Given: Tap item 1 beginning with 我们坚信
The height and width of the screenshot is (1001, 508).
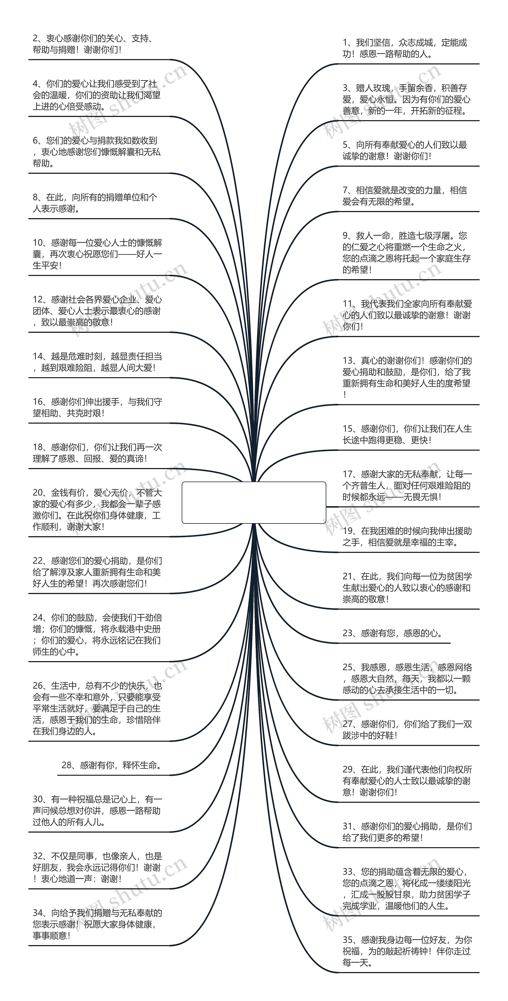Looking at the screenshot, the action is click(x=405, y=48).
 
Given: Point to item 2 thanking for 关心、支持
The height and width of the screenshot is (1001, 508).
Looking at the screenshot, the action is click(x=93, y=44).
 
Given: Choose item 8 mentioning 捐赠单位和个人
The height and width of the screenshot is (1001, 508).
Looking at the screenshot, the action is click(x=95, y=203).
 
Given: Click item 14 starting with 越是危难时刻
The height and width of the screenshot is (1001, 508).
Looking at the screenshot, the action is click(x=97, y=362).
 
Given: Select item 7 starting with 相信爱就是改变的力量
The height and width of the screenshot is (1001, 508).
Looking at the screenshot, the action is click(x=405, y=196).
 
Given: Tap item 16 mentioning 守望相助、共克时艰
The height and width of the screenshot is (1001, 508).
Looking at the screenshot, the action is click(x=97, y=407).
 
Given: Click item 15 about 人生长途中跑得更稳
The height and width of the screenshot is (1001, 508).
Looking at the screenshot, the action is click(x=406, y=434).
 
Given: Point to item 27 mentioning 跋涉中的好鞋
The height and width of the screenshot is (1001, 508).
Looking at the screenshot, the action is click(x=406, y=729).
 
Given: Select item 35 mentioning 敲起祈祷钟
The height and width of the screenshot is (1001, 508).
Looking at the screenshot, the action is click(x=406, y=951).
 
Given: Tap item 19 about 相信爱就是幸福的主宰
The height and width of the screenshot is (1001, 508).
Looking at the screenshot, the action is click(x=406, y=537).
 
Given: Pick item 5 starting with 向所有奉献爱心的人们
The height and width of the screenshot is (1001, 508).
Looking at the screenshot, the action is click(x=405, y=150).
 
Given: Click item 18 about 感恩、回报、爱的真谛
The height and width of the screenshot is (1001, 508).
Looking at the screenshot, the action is click(x=97, y=453).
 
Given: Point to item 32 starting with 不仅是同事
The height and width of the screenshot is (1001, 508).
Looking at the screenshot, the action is click(x=97, y=867).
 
